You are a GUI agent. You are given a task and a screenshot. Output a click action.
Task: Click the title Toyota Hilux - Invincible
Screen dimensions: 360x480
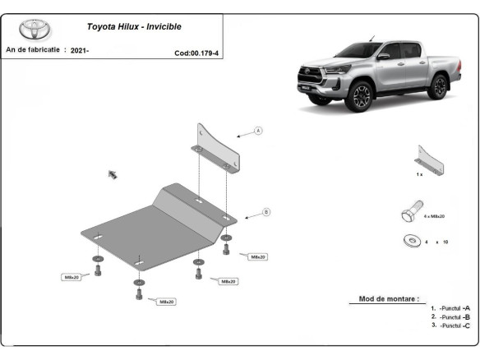coord(134,26)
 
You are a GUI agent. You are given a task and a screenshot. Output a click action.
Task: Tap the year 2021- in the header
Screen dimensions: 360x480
coord(79,51)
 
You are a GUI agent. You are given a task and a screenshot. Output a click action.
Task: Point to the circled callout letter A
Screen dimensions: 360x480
coord(257,131)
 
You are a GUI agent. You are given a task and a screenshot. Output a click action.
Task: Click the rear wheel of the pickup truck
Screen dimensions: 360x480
coord(438,85)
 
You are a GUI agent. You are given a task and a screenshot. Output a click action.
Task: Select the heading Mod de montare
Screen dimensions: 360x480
coord(388,299)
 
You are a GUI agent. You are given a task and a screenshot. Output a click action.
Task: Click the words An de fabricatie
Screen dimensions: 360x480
coord(33,50)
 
